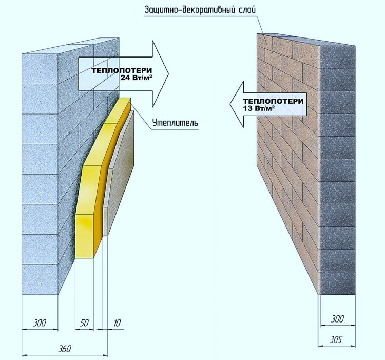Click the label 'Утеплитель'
(x=175, y=123)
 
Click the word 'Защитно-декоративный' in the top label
(x=187, y=10)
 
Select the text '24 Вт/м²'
(x=136, y=78)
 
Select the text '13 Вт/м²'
(x=259, y=108)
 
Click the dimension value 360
(x=64, y=349)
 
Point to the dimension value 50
(x=84, y=323)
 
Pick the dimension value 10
(x=117, y=323)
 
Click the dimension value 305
(x=335, y=340)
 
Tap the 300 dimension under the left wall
(x=40, y=323)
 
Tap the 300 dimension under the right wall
(x=337, y=319)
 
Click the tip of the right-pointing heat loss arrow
(x=169, y=73)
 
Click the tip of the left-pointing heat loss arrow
(x=230, y=104)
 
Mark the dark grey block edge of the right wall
(x=338, y=169)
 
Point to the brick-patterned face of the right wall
(x=287, y=147)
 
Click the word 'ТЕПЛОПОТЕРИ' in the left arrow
(x=122, y=71)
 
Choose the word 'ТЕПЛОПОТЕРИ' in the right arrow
(x=274, y=101)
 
